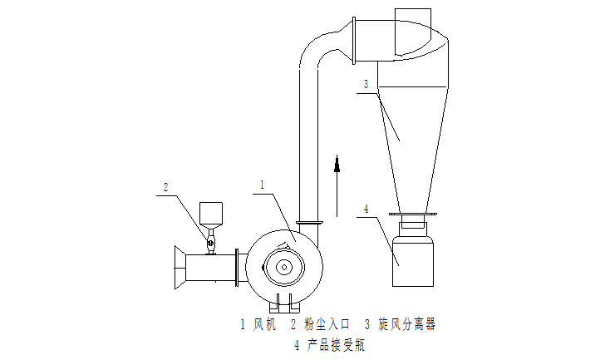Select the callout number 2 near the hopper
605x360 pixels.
[165, 188]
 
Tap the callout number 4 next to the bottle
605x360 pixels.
[365, 209]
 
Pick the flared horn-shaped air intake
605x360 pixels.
[179, 268]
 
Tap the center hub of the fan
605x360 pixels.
[284, 268]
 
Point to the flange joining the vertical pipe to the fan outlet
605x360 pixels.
[308, 222]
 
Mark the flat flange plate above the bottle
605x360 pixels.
[413, 216]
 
